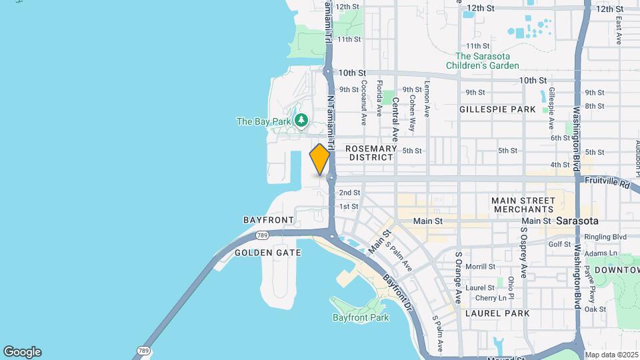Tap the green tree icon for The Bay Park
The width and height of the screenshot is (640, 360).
pyautogui.click(x=302, y=120)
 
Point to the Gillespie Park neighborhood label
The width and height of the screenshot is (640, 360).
pyautogui.click(x=497, y=109)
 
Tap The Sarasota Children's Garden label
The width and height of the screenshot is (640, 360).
pyautogui.click(x=487, y=61)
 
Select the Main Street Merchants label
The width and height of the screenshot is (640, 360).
pyautogui.click(x=523, y=205)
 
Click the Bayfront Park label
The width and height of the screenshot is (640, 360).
pyautogui.click(x=360, y=317)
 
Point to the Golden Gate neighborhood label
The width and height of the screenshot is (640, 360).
pyautogui.click(x=268, y=253)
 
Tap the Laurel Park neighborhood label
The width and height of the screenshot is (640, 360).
pyautogui.click(x=497, y=313)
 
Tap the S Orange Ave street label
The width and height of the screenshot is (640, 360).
pyautogui.click(x=459, y=273)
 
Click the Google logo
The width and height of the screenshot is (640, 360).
pyautogui.click(x=22, y=351)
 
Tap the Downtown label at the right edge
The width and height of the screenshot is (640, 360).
pyautogui.click(x=617, y=270)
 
